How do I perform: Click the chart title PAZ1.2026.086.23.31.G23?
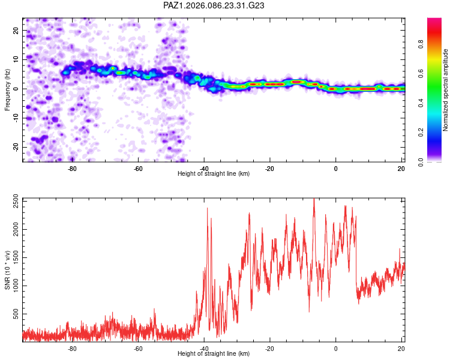[214, 5]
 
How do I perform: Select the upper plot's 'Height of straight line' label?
[214, 174]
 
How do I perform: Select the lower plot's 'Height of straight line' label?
[214, 354]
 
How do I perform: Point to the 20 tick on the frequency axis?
[16, 30]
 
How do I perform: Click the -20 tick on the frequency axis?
[15, 147]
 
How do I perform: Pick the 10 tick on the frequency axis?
[16, 59]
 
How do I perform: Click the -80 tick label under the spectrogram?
[72, 169]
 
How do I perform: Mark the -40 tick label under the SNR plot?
[204, 349]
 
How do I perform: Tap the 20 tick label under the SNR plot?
[401, 349]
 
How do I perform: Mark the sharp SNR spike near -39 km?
[208, 209]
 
